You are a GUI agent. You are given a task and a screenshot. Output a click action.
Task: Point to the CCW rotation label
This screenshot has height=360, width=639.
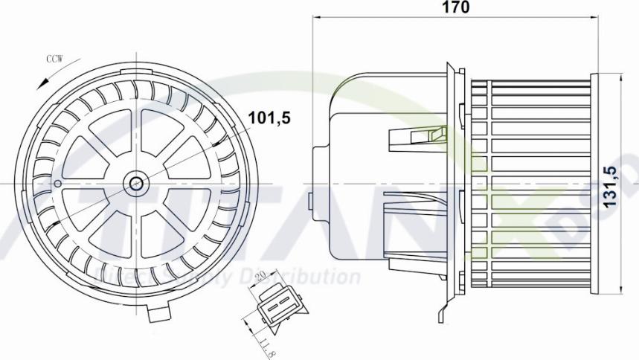[x=54, y=60]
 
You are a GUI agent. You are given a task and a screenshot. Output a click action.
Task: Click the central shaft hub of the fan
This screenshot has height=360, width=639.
[x=136, y=182]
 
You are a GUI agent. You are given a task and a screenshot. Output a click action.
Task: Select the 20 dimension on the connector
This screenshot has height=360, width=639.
[x=260, y=277]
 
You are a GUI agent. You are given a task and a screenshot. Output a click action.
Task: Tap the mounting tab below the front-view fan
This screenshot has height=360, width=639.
[x=160, y=315]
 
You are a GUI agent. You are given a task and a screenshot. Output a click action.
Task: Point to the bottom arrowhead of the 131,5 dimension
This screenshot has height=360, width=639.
[x=622, y=289]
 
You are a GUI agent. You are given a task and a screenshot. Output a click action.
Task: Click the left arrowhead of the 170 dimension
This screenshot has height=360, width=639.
[x=316, y=19]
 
